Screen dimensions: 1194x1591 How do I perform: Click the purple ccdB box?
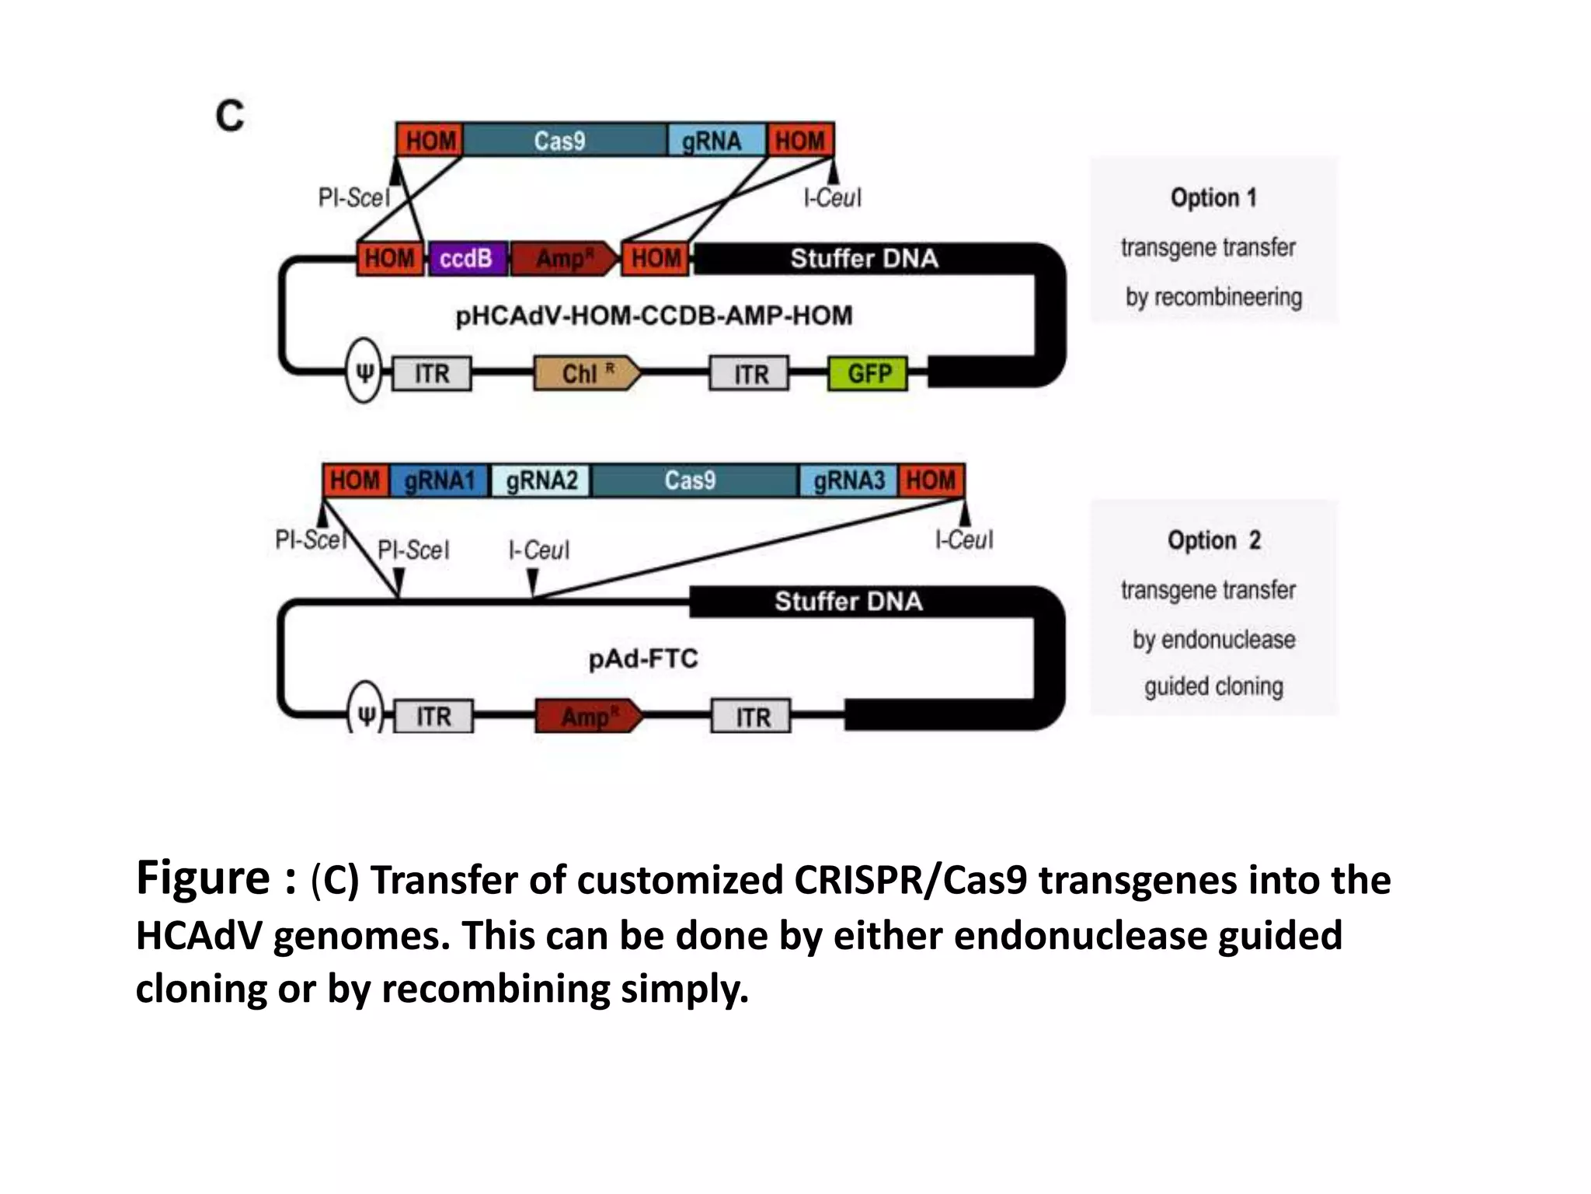(x=467, y=258)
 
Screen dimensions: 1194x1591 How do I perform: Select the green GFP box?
(x=868, y=374)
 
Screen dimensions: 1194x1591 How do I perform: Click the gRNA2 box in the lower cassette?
(x=541, y=480)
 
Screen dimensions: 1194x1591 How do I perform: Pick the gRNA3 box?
(x=848, y=480)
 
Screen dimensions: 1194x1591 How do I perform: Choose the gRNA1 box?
(x=440, y=480)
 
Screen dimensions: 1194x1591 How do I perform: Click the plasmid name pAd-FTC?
(x=643, y=659)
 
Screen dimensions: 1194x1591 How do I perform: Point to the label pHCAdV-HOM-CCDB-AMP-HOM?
(x=653, y=316)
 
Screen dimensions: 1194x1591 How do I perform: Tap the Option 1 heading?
(x=1213, y=197)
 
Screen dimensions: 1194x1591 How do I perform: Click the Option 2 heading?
(x=1213, y=540)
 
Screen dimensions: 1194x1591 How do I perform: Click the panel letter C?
(x=230, y=117)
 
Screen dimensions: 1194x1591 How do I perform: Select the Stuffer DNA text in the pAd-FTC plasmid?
(x=848, y=602)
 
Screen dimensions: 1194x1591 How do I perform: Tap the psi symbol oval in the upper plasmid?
(x=364, y=371)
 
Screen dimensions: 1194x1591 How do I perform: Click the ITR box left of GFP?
(x=750, y=374)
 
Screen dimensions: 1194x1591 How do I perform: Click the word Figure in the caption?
(x=203, y=878)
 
